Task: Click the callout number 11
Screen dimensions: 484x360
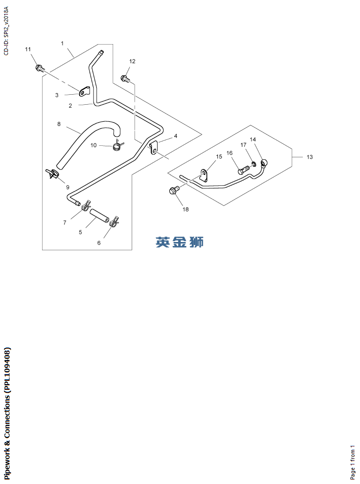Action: click(28, 49)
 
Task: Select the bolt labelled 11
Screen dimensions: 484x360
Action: click(39, 67)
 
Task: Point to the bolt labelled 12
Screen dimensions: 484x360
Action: click(125, 78)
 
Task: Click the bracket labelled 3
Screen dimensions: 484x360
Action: click(83, 91)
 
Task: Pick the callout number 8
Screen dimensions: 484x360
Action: click(59, 124)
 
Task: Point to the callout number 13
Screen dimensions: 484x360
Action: click(309, 157)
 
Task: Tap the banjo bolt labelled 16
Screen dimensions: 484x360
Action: click(244, 170)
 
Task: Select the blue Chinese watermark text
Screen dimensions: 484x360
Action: click(180, 241)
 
